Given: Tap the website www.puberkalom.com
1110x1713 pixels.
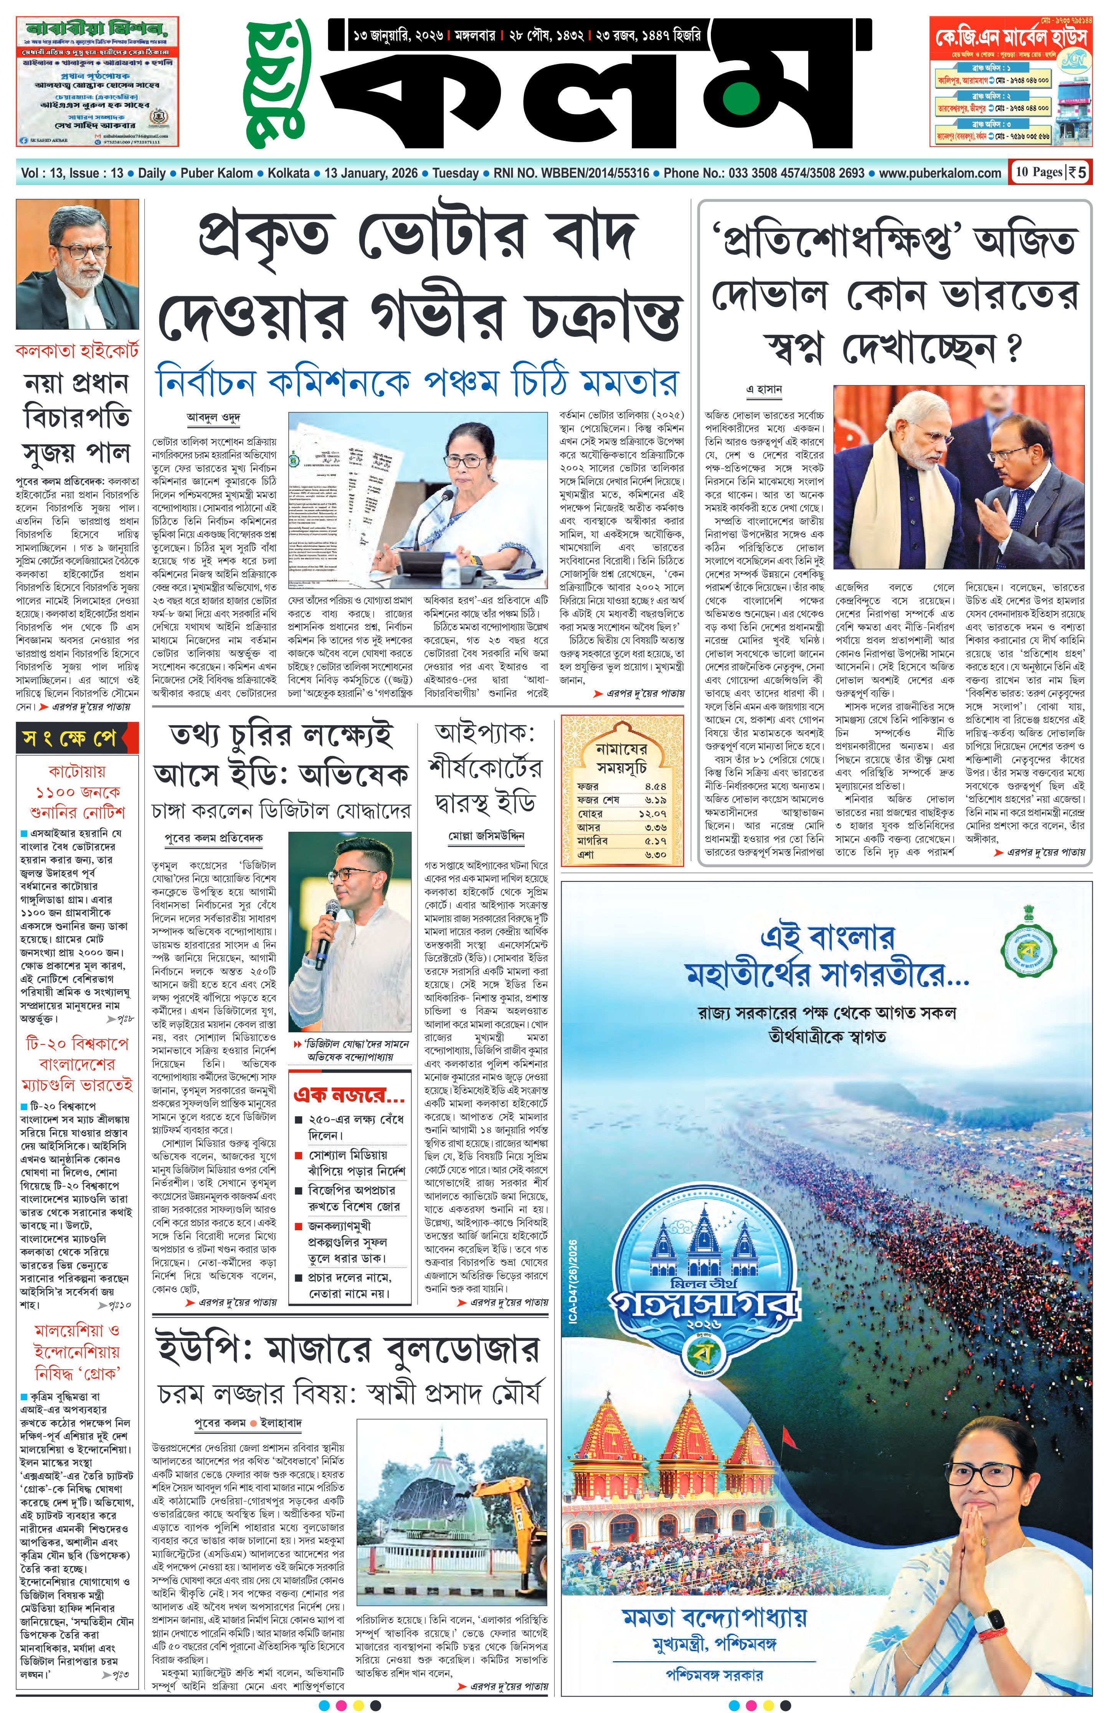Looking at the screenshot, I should click(x=940, y=173).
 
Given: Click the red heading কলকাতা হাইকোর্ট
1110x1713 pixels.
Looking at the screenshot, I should click(x=77, y=351).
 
